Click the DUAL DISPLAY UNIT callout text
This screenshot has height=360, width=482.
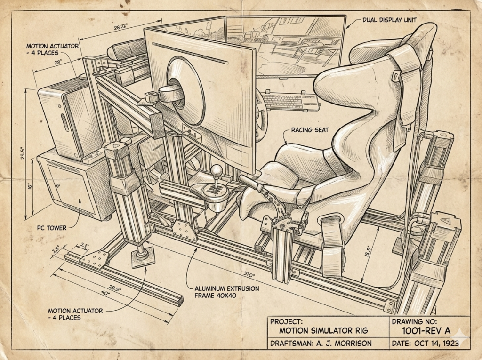coord(389,20)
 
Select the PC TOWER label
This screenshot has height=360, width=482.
coord(52,228)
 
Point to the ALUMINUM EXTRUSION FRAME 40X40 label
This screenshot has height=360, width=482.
coord(227,292)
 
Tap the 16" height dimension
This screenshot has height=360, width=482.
coord(30,186)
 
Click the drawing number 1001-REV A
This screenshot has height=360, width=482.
coord(426,331)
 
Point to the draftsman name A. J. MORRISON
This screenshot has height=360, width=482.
coord(344,343)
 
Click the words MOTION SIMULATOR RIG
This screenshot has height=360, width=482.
coord(323,331)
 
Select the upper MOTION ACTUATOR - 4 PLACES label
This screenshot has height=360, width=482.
coord(52,49)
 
